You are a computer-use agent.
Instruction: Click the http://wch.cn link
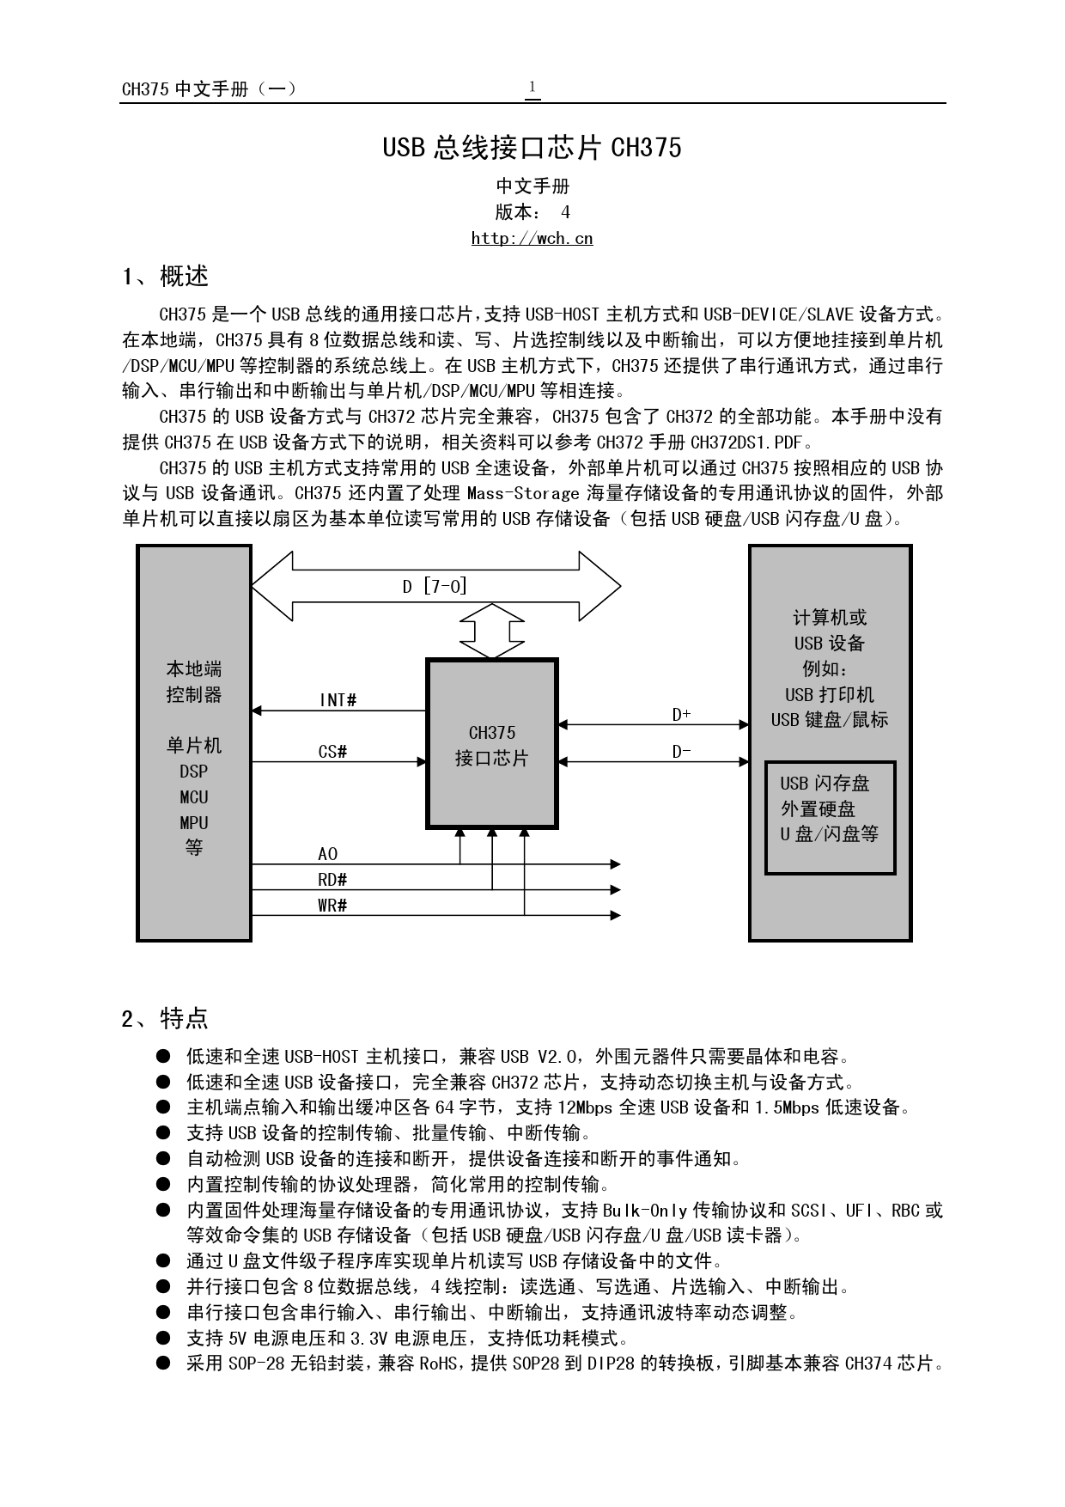[532, 239]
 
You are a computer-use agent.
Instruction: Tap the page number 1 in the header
[532, 87]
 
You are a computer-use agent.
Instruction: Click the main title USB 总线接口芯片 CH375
[532, 148]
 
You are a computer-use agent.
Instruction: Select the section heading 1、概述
[165, 277]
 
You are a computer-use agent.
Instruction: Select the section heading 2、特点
[165, 1019]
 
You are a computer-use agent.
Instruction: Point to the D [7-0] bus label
[435, 587]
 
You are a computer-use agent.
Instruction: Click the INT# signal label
[338, 700]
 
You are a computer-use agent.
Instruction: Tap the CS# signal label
[332, 752]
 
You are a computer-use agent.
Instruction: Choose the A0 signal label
[327, 854]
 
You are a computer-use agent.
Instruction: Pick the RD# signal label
[332, 880]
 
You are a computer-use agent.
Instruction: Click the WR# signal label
[332, 906]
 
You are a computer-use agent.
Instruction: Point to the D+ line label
[681, 715]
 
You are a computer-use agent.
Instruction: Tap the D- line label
[681, 752]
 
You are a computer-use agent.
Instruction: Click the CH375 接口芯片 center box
[492, 744]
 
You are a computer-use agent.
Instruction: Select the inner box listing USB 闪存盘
[830, 817]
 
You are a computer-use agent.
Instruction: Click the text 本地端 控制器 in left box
[194, 681]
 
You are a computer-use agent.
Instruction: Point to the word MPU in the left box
[194, 822]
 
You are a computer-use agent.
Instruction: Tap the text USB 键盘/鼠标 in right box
[829, 720]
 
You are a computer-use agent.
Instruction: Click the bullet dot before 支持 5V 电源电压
[163, 1338]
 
